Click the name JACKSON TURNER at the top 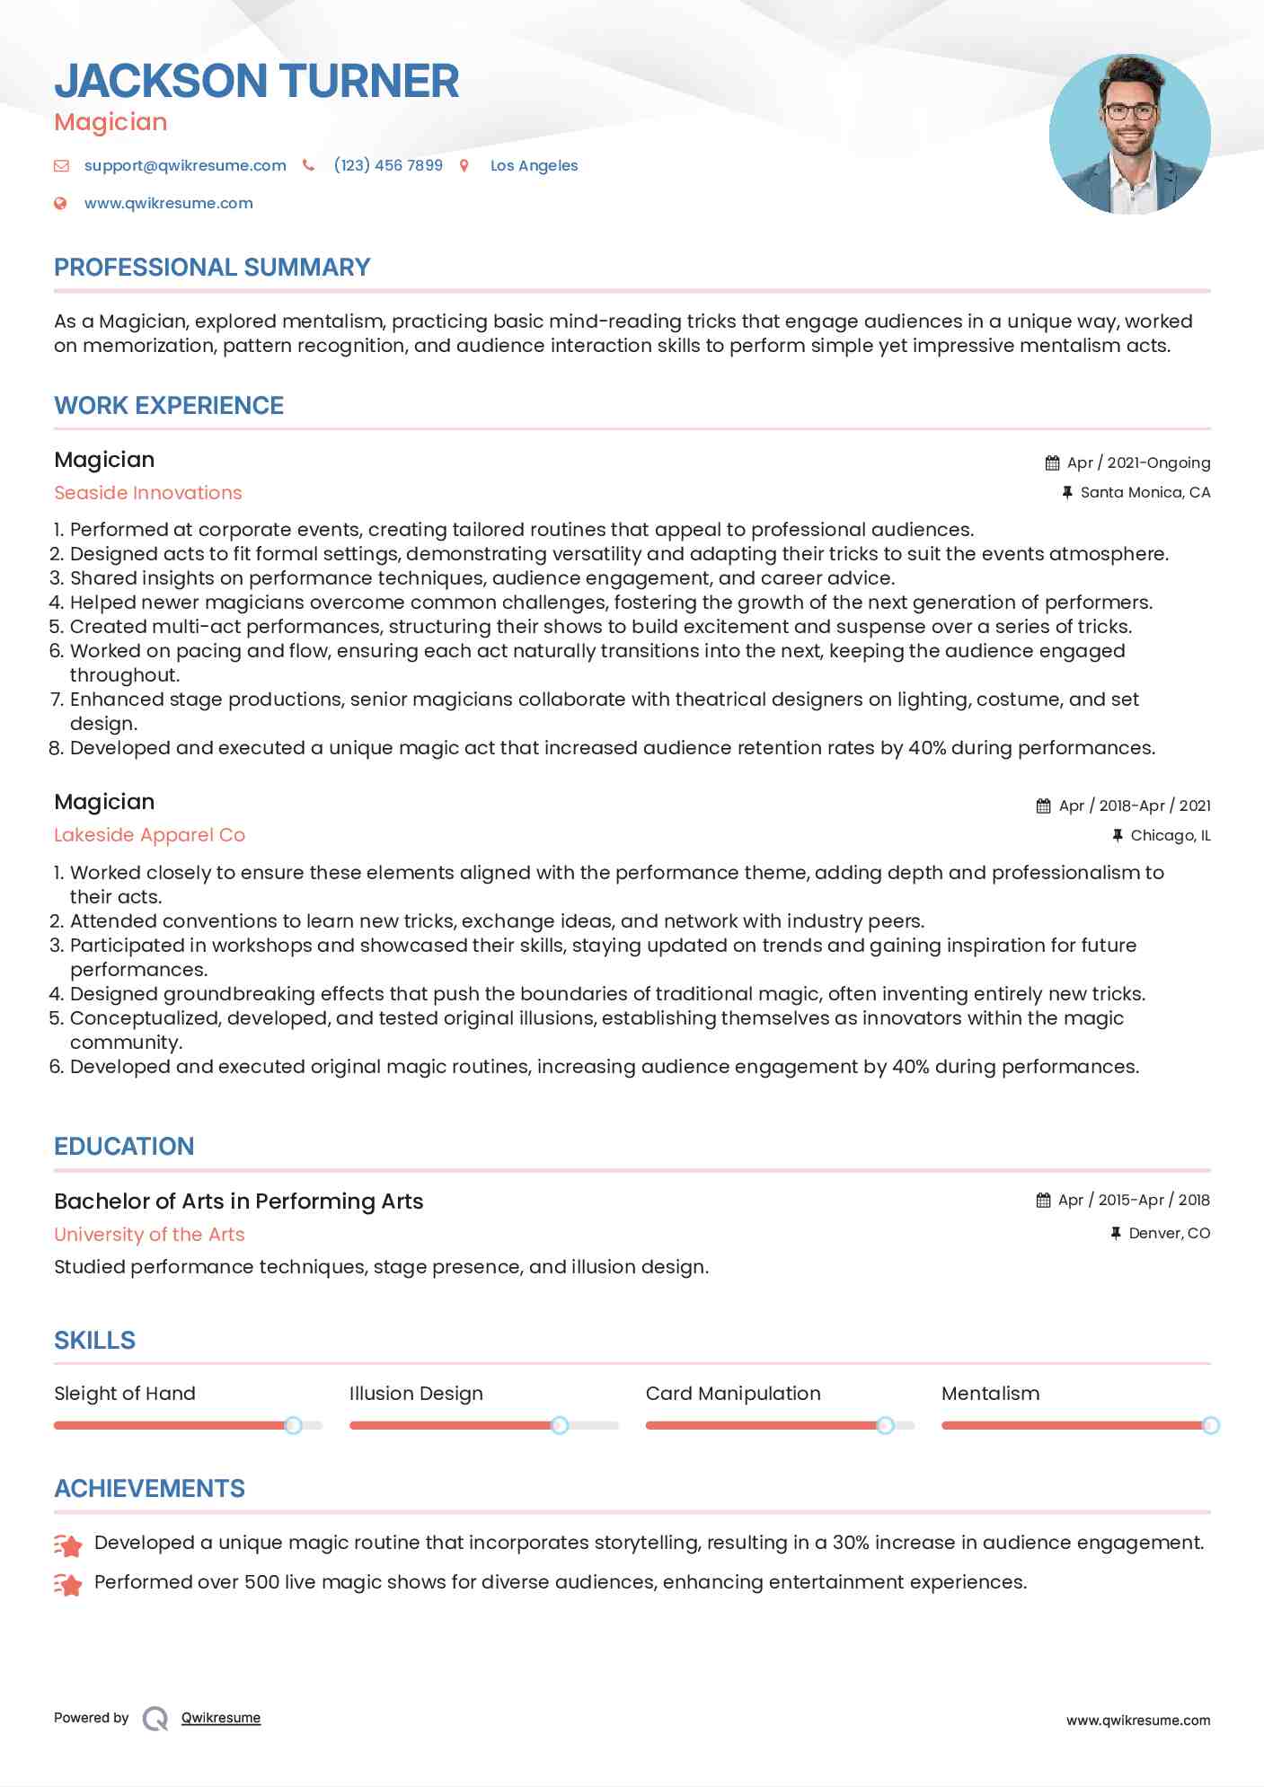click(257, 81)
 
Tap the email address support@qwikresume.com click(185, 165)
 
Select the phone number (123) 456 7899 click(388, 165)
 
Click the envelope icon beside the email click(61, 165)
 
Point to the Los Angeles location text click(534, 165)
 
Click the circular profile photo click(1129, 135)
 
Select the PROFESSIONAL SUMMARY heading click(212, 268)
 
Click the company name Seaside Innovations click(148, 493)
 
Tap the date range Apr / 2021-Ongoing click(1138, 462)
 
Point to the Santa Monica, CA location click(1145, 492)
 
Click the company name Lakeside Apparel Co click(149, 835)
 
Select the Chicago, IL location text click(1170, 835)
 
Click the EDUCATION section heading click(124, 1147)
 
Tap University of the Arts click(149, 1235)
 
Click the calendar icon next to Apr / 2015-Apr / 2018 click(1043, 1201)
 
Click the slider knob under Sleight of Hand click(293, 1425)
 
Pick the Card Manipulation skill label click(733, 1394)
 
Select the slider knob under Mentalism click(1210, 1425)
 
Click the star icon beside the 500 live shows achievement click(68, 1584)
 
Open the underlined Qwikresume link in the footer click(221, 1718)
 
